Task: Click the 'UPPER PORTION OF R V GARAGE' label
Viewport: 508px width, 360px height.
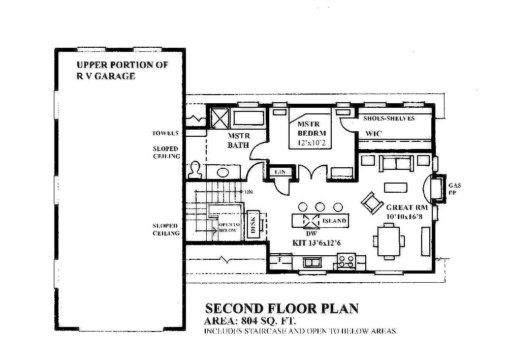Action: [x=122, y=71]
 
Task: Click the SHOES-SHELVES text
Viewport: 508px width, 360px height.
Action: [x=389, y=118]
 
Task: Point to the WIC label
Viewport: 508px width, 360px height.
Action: [x=373, y=133]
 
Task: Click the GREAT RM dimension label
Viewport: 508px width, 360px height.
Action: [x=407, y=212]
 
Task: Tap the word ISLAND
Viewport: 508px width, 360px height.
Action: [x=334, y=221]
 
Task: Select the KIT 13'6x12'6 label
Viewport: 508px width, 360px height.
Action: [x=316, y=243]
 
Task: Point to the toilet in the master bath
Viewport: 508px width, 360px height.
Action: [x=195, y=170]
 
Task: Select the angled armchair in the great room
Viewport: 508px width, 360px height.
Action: [x=372, y=202]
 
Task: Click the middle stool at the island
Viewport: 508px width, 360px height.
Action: [x=320, y=207]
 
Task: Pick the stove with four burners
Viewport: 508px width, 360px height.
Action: [x=347, y=261]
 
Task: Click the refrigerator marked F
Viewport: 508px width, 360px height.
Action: [x=280, y=260]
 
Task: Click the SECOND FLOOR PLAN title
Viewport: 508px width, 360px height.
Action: [x=282, y=308]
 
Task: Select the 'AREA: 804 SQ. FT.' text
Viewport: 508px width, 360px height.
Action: [x=249, y=321]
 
